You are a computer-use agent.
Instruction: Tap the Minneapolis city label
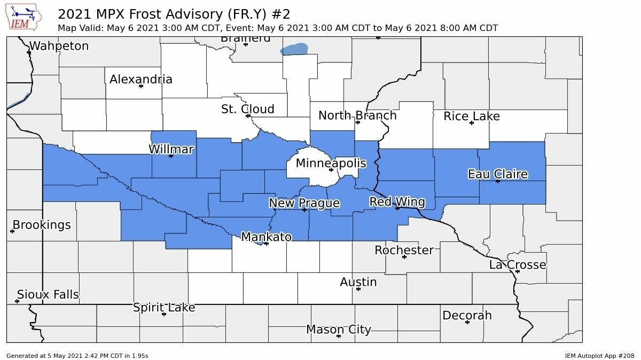(331, 163)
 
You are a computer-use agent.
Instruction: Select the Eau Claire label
(497, 174)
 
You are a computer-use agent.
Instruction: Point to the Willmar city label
(171, 150)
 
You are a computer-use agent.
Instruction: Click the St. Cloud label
(247, 109)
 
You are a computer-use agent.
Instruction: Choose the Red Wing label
(397, 202)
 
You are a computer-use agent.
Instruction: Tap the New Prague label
(304, 204)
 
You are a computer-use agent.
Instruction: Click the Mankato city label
(266, 237)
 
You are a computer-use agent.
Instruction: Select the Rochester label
(404, 250)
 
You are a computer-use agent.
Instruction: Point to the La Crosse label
(517, 265)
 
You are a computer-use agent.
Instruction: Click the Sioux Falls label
(48, 294)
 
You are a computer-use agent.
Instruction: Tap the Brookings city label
(42, 225)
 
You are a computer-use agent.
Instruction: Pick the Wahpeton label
(59, 46)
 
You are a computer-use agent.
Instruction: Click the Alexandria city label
(140, 80)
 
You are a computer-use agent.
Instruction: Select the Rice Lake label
(471, 116)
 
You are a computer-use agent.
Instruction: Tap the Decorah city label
(467, 316)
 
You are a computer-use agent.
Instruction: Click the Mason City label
(338, 330)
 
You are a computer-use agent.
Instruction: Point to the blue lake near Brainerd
(294, 50)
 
